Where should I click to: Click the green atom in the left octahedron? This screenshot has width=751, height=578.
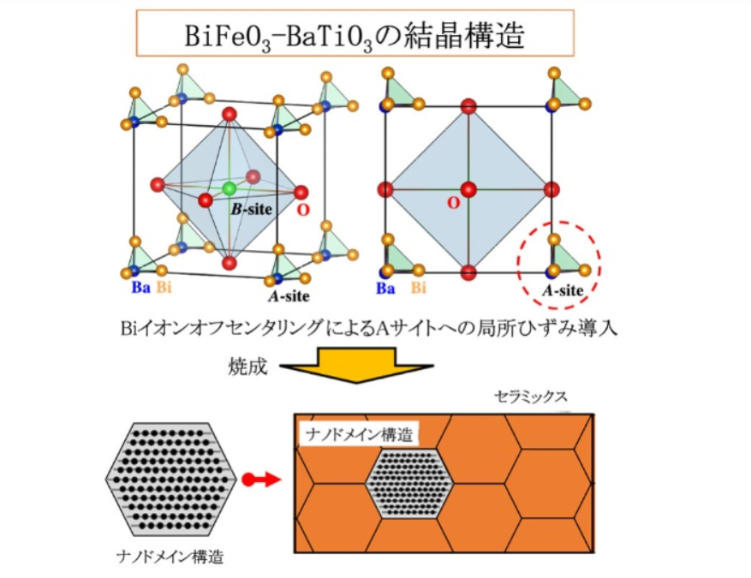tap(229, 188)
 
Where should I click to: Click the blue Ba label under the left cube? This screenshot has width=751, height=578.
tap(140, 288)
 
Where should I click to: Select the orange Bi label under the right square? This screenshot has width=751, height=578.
tap(418, 289)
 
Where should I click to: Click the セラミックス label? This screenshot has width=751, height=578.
tap(530, 396)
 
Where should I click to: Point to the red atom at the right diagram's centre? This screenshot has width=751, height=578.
tap(467, 188)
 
